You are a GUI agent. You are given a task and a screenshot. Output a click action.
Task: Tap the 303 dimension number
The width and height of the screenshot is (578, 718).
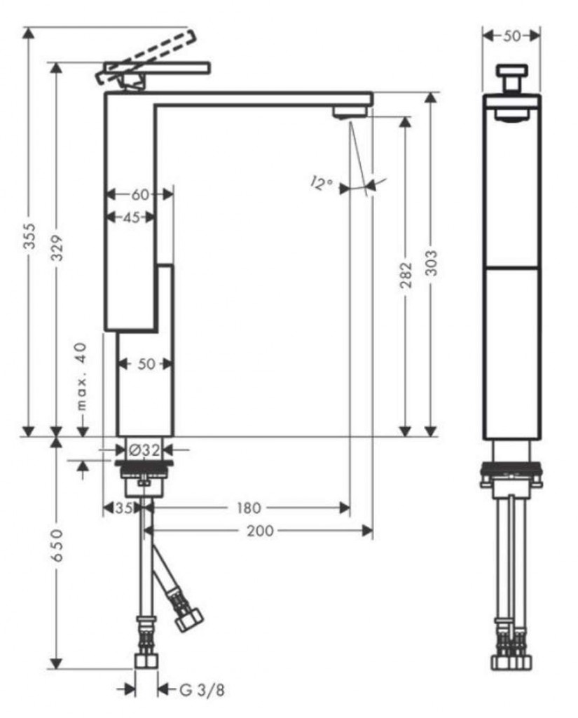click(431, 263)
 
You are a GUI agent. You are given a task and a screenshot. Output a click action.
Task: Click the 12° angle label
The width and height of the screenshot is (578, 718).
click(321, 184)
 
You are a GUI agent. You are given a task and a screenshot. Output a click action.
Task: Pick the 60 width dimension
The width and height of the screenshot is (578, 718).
click(140, 194)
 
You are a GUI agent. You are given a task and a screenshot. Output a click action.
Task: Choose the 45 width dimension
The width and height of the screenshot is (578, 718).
click(131, 217)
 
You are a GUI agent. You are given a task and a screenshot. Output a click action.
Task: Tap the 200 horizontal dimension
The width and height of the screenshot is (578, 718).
click(261, 531)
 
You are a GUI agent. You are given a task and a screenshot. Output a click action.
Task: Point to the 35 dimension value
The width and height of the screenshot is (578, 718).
click(123, 507)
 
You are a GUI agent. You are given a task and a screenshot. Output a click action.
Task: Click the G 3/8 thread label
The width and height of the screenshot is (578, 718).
click(202, 691)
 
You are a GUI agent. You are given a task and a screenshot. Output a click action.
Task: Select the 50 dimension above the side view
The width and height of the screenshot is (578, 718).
click(512, 36)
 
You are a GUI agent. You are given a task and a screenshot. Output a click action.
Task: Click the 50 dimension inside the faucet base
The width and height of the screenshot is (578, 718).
click(146, 363)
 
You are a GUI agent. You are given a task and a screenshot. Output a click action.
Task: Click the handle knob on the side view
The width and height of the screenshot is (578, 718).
click(512, 72)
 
